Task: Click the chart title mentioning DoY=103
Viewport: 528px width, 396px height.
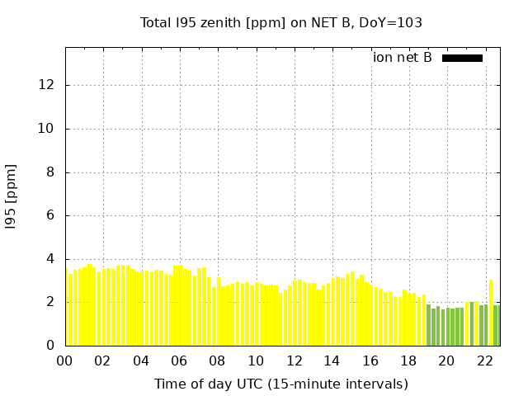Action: pyautogui.click(x=281, y=23)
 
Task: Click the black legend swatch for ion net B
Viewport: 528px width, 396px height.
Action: pyautogui.click(x=462, y=58)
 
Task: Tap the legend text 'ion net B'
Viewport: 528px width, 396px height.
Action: pyautogui.click(x=403, y=58)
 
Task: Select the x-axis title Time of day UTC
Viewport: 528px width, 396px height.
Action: pyautogui.click(x=281, y=384)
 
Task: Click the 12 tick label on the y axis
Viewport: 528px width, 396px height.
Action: pyautogui.click(x=48, y=85)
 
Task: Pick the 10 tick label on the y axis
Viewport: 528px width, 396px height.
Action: pyautogui.click(x=48, y=129)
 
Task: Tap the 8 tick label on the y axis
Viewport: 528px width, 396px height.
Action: pyautogui.click(x=51, y=172)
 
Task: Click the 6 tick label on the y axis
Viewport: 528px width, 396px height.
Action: pyautogui.click(x=51, y=216)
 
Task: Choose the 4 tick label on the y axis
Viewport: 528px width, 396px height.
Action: pyautogui.click(x=51, y=259)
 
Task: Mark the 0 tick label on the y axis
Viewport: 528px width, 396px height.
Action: pyautogui.click(x=51, y=346)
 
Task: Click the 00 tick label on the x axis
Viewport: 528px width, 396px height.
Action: pyautogui.click(x=65, y=361)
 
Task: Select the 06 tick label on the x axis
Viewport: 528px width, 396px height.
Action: pyautogui.click(x=179, y=361)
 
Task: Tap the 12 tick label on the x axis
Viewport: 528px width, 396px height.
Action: pyautogui.click(x=294, y=361)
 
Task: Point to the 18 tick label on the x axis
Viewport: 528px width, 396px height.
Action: pyautogui.click(x=408, y=361)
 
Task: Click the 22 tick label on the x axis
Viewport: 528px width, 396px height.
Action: pyautogui.click(x=484, y=361)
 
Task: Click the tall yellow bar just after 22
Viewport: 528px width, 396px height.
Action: pyautogui.click(x=491, y=313)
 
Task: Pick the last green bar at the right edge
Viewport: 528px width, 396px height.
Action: pyautogui.click(x=496, y=326)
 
